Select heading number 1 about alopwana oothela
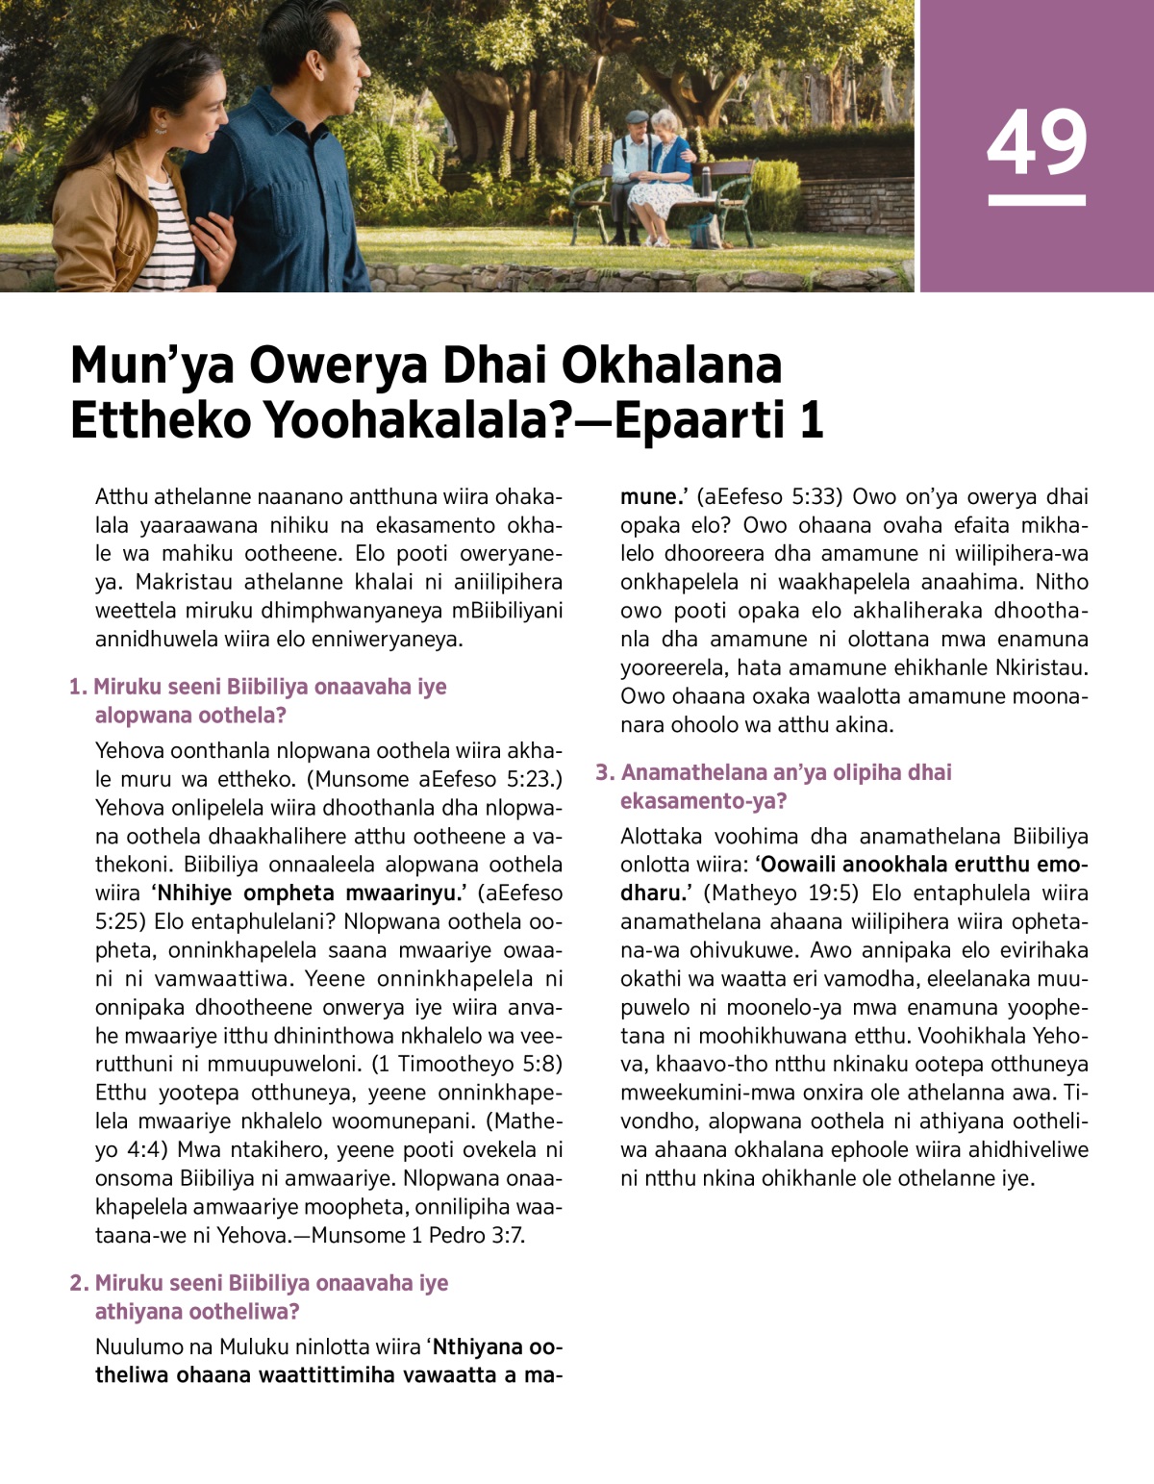[x=260, y=700]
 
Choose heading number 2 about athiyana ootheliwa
[x=260, y=1296]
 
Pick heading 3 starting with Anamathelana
[x=775, y=786]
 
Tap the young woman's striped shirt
[x=173, y=240]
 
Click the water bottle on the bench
[x=706, y=179]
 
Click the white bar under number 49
[x=1037, y=200]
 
